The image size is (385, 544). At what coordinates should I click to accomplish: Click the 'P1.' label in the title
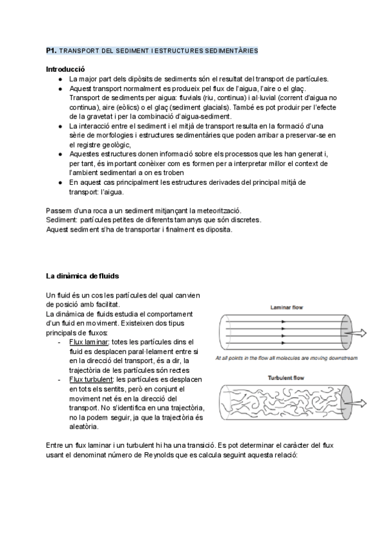coord(52,50)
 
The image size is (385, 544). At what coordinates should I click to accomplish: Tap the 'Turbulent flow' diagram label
coord(286,378)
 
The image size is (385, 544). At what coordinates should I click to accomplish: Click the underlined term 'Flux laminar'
coord(89,343)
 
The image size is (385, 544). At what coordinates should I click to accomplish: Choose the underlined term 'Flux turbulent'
coord(92,380)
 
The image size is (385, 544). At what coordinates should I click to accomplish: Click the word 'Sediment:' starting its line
coord(62,221)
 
